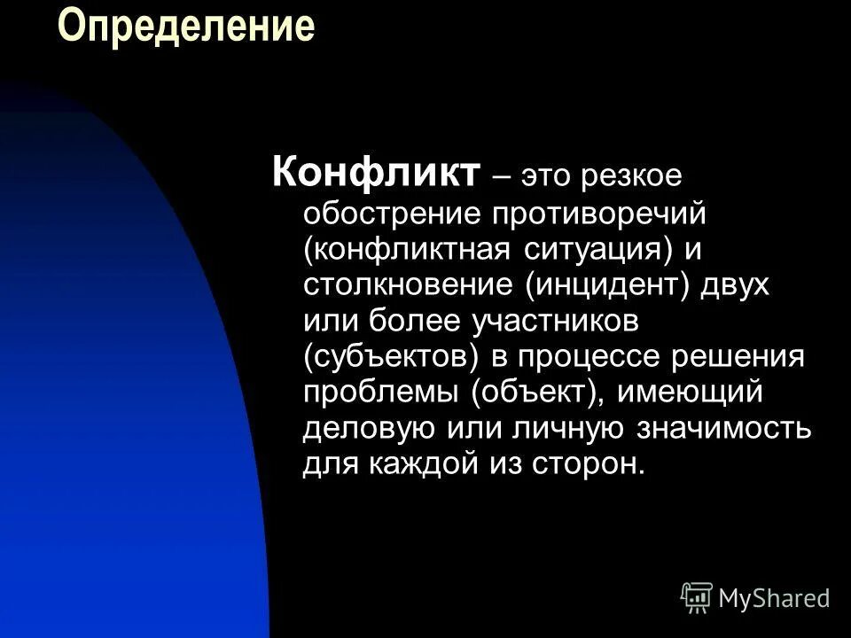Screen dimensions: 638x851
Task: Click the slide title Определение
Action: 186,26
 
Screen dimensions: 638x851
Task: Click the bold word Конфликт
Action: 377,172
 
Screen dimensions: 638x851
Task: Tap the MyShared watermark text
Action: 775,598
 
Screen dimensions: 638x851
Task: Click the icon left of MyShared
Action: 696,598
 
